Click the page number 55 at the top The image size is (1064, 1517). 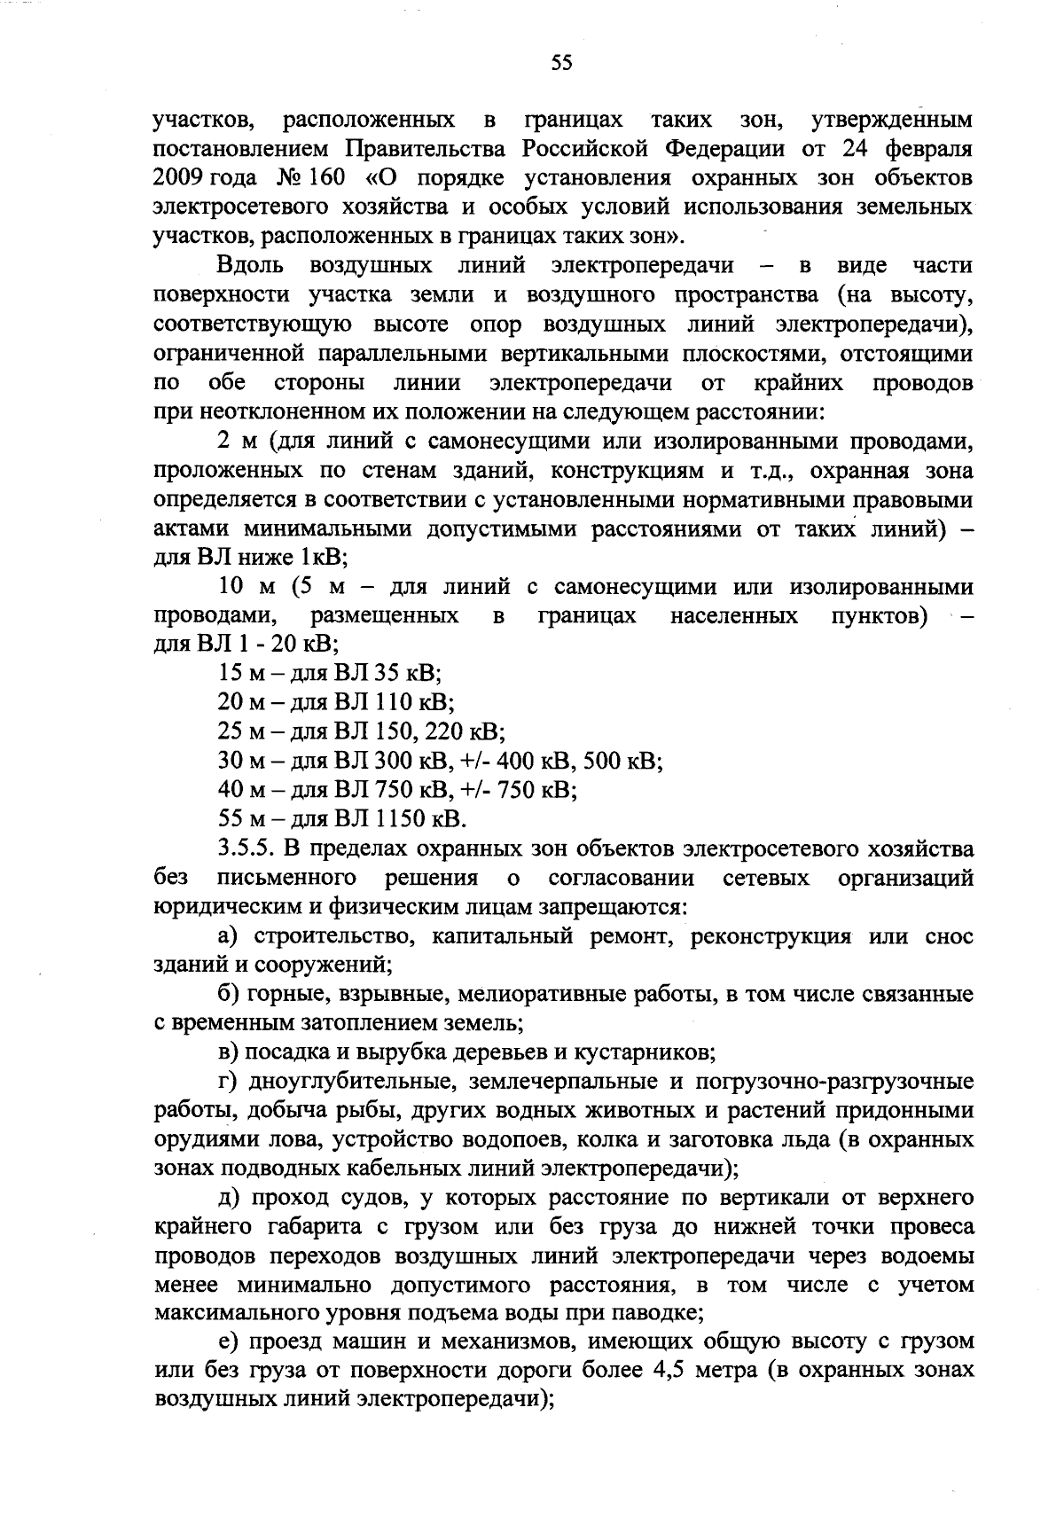click(x=562, y=61)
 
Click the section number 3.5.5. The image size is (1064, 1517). click(x=246, y=849)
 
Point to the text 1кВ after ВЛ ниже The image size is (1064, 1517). click(x=320, y=559)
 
